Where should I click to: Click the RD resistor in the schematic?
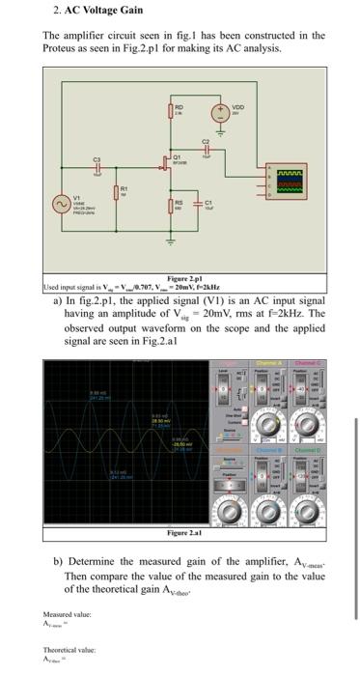point(176,113)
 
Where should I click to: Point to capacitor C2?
point(206,147)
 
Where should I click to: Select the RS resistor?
point(176,205)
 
